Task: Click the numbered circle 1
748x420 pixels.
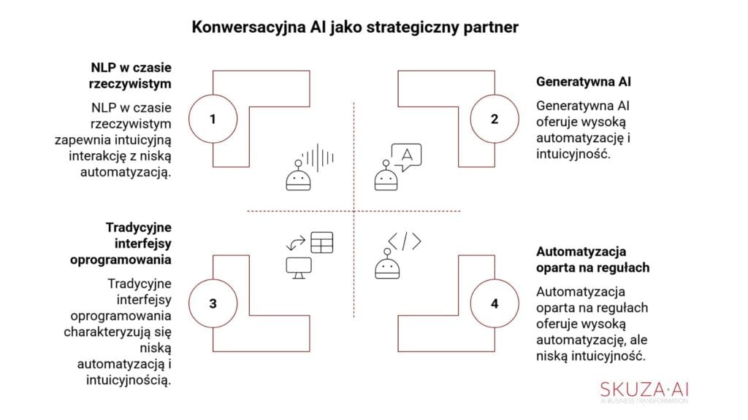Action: [213, 118]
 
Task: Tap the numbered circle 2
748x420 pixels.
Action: [495, 118]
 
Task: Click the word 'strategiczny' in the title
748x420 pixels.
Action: [422, 28]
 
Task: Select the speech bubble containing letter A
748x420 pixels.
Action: [406, 156]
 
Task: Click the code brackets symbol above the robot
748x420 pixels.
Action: [404, 241]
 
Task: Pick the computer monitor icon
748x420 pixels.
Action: [299, 268]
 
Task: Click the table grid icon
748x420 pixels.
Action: [321, 241]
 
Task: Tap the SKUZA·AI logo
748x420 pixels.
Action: [644, 388]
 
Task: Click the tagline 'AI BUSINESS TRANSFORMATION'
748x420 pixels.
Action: [644, 401]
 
